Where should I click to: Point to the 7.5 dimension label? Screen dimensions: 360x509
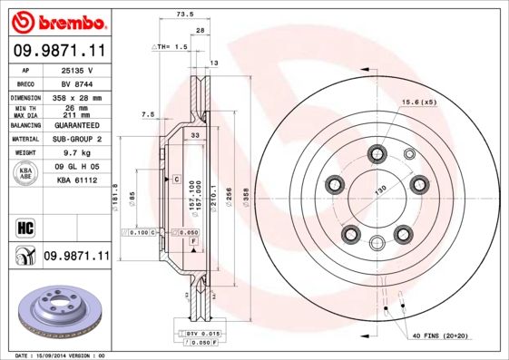click(x=149, y=114)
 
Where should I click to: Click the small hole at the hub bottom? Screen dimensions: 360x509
click(x=376, y=241)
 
